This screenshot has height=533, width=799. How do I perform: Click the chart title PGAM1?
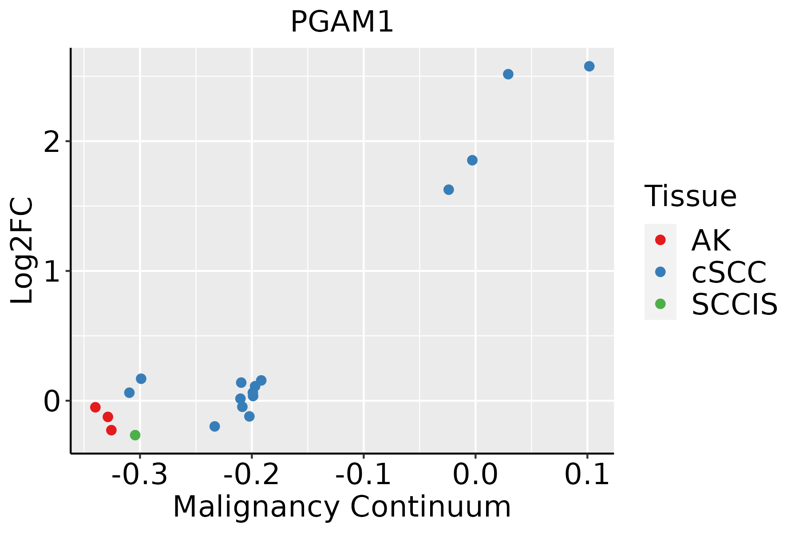(342, 22)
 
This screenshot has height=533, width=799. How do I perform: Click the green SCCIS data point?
(135, 435)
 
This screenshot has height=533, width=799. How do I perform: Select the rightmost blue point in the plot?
(589, 66)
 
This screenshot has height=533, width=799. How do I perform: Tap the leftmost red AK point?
(95, 407)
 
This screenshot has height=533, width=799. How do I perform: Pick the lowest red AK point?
(111, 430)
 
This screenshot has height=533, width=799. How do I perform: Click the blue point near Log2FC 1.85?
(472, 160)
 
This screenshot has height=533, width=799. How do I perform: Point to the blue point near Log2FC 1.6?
(448, 190)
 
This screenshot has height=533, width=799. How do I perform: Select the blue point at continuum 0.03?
(508, 74)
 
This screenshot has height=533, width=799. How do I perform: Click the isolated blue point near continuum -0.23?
(214, 426)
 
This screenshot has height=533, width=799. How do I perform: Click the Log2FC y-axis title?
(22, 251)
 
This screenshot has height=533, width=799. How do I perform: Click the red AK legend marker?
(660, 240)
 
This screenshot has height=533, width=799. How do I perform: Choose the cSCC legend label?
(728, 272)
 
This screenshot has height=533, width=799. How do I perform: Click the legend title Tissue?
(690, 196)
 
